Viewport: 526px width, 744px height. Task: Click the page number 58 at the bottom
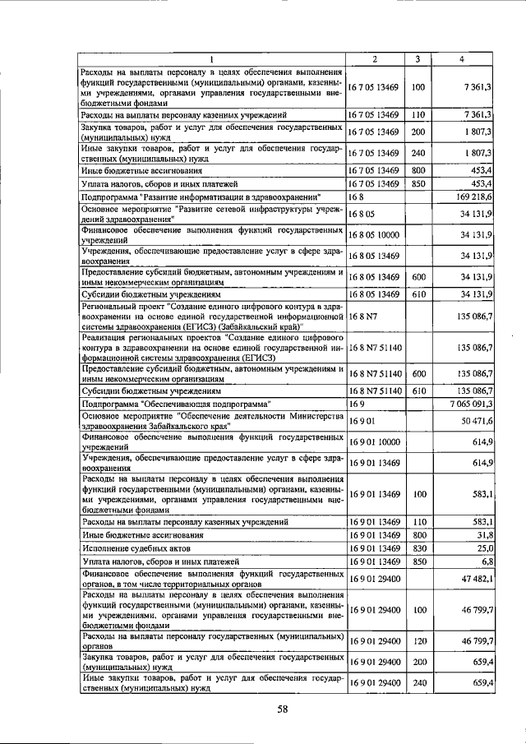pos(282,709)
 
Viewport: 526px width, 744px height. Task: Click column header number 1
pos(211,59)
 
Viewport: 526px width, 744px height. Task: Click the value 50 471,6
pos(475,421)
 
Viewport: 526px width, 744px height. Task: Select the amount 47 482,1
pos(475,580)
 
